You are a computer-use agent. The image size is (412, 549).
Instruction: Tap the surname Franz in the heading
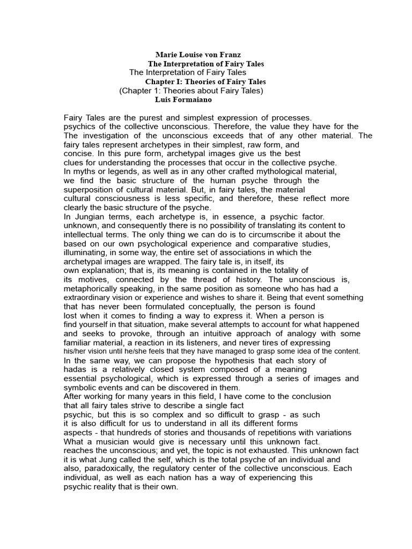tap(230, 55)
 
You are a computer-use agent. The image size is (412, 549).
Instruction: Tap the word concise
tap(79, 153)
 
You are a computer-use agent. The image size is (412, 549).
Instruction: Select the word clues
tap(74, 162)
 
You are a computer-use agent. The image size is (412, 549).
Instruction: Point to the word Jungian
tap(91, 217)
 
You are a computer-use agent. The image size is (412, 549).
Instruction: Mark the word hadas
tap(75, 369)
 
